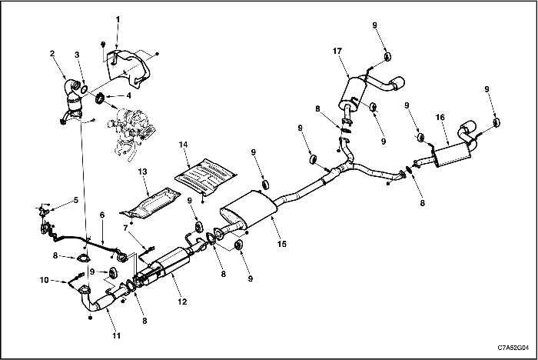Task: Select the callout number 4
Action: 128,95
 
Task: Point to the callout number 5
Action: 75,200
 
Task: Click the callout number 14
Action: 183,145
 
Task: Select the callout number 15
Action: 282,244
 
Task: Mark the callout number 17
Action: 337,51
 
